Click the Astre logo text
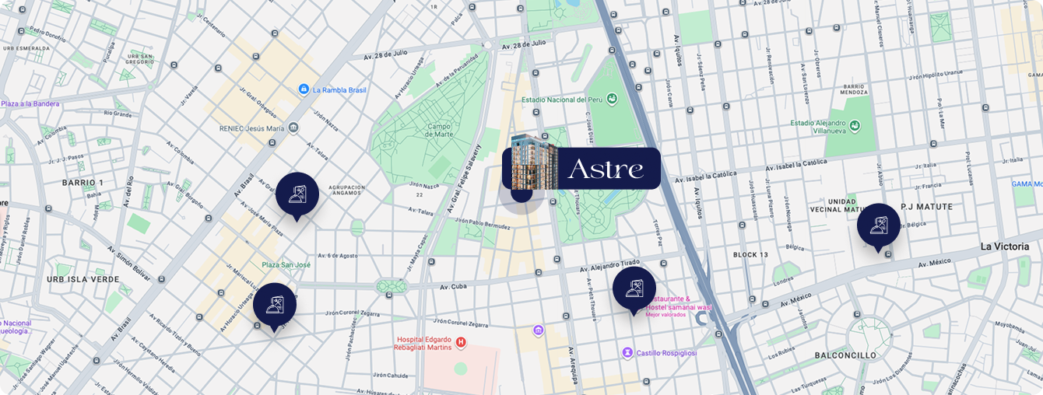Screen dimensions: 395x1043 pyautogui.click(x=606, y=169)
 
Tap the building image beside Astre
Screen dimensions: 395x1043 pyautogui.click(x=535, y=162)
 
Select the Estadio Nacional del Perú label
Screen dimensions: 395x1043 pyautogui.click(x=563, y=100)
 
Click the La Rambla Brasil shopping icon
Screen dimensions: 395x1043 pyautogui.click(x=304, y=89)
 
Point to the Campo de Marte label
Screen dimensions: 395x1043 pyautogui.click(x=439, y=131)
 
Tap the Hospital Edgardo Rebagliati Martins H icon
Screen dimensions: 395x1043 pyautogui.click(x=461, y=341)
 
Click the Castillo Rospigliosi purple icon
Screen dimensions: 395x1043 pyautogui.click(x=627, y=353)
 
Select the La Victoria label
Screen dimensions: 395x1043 pyautogui.click(x=1004, y=246)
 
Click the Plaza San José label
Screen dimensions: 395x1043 pyautogui.click(x=286, y=265)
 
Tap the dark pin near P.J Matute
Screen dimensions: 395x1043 pyautogui.click(x=878, y=225)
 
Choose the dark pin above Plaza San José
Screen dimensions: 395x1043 pyautogui.click(x=297, y=194)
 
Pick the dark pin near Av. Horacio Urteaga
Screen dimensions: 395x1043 pyautogui.click(x=274, y=305)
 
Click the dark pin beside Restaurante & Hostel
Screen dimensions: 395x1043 pyautogui.click(x=634, y=288)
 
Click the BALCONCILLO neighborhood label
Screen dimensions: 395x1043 pyautogui.click(x=845, y=355)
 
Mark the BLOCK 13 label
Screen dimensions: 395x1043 pyautogui.click(x=750, y=255)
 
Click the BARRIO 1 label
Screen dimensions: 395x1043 pyautogui.click(x=83, y=183)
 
